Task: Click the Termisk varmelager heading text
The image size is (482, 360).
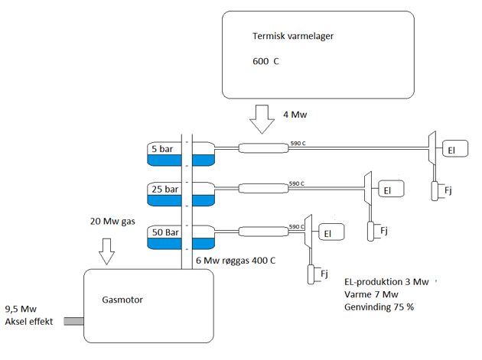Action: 293,36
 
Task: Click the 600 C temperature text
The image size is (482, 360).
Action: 265,61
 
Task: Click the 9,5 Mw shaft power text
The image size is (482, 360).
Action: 21,309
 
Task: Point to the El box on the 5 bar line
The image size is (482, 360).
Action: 455,151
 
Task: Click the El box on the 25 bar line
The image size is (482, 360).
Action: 389,190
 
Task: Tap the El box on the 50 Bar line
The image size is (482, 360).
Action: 329,233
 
